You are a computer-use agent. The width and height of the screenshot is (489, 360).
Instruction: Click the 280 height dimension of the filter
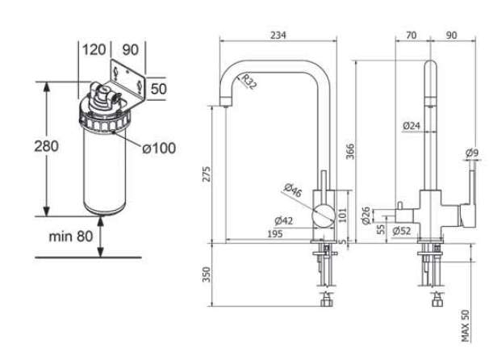(46, 146)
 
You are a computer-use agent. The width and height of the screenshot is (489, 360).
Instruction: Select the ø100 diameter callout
(158, 148)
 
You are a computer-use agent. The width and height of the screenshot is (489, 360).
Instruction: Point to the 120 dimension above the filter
(94, 50)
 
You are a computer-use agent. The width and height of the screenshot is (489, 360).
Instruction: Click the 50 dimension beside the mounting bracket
(158, 89)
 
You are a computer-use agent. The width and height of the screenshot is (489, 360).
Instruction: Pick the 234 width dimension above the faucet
(278, 35)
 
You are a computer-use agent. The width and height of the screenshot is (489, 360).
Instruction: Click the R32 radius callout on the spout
(248, 82)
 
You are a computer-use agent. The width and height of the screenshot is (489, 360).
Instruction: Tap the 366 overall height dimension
(350, 152)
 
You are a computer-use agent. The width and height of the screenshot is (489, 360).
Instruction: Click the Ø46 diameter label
(293, 192)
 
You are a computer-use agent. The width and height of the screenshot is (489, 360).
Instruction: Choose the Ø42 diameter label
(282, 220)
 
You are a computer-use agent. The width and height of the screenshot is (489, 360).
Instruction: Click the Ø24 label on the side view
(412, 125)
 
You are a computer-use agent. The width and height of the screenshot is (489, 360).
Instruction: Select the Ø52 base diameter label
(401, 232)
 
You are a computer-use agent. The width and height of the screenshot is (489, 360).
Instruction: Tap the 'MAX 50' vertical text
(465, 325)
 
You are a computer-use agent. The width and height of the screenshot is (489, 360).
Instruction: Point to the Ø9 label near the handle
(471, 153)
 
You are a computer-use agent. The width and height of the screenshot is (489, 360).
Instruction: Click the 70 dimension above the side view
(411, 35)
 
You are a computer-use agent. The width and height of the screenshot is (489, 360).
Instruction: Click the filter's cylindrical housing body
(103, 170)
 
